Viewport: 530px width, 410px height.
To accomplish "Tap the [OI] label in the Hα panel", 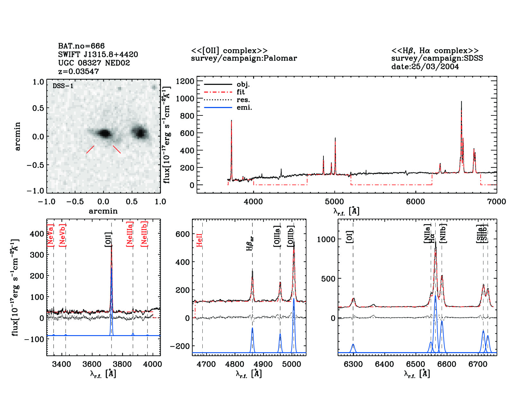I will pyautogui.click(x=349, y=237).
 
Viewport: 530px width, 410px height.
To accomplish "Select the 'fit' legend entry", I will pyautogui.click(x=241, y=92).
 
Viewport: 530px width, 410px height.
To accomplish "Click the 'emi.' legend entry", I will pyautogui.click(x=244, y=108).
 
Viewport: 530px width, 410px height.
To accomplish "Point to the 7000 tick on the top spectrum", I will pyautogui.click(x=497, y=202).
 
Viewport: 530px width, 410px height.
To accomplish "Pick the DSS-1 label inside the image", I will pyautogui.click(x=63, y=86).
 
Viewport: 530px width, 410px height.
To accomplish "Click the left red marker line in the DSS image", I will pyautogui.click(x=90, y=150).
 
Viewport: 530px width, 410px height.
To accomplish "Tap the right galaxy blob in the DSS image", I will pyautogui.click(x=140, y=132).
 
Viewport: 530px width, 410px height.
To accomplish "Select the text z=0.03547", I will pyautogui.click(x=79, y=71).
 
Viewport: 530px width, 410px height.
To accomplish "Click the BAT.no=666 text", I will pyautogui.click(x=81, y=46).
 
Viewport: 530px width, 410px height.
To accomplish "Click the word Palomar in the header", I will pyautogui.click(x=281, y=58).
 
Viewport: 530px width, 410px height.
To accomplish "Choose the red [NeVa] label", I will pyautogui.click(x=50, y=235).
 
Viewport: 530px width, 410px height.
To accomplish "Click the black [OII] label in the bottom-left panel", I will pyautogui.click(x=108, y=240).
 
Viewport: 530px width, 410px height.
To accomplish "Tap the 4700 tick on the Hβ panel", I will pyautogui.click(x=206, y=364).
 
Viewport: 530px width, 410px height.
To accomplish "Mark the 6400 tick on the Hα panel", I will pyautogui.click(x=384, y=364).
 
